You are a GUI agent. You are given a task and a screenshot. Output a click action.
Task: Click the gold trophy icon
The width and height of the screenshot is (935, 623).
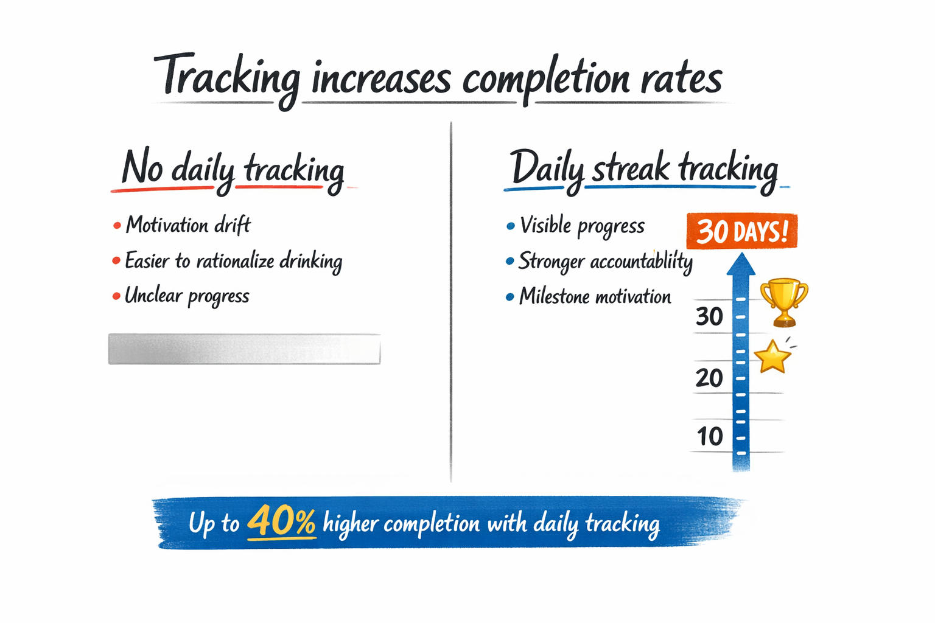coord(784,301)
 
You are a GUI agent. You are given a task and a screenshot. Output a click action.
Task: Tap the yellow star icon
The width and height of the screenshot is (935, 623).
coord(772,357)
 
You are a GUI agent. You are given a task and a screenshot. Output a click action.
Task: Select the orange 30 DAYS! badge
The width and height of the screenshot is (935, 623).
coord(741,232)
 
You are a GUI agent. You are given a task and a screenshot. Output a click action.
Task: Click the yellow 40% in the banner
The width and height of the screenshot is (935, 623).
coord(281,522)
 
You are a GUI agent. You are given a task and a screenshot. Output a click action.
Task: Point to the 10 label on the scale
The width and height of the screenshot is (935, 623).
coord(710,437)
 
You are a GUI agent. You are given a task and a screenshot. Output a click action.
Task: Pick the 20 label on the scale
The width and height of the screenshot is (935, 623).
coord(709,378)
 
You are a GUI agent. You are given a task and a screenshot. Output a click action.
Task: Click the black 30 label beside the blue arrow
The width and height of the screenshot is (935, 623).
coord(709,317)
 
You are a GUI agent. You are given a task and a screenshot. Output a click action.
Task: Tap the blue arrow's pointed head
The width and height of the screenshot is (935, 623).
coord(741,264)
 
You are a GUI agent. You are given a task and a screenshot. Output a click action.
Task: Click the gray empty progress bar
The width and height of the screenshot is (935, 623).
coord(244,349)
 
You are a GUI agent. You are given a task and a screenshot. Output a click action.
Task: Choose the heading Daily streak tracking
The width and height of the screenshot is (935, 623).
coord(644,169)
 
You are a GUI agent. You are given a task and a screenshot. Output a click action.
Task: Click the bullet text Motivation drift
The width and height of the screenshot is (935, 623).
coord(187,226)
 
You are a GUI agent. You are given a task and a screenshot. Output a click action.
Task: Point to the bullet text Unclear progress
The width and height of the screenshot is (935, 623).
coord(187,296)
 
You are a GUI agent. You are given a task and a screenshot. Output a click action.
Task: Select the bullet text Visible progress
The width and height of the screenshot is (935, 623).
coord(582,226)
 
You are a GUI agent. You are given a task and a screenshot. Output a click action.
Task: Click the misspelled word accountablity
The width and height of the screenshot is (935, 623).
coord(641,262)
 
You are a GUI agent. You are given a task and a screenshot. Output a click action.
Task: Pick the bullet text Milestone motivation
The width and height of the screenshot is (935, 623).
coord(595,297)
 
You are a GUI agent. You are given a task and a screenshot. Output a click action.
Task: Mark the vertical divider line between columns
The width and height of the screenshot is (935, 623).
coord(451,304)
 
